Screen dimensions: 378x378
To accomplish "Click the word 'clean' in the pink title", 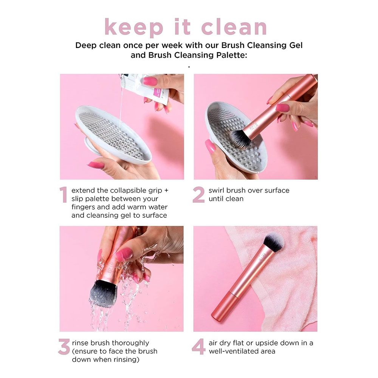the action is [234, 27].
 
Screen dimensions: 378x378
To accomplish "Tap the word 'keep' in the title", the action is [133, 28].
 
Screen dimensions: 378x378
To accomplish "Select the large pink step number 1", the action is [64, 195].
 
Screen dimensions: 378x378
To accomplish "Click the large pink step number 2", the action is [199, 195].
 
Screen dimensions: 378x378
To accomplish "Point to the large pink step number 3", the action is [64, 347].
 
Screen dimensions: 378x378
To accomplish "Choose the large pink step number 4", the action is [199, 347].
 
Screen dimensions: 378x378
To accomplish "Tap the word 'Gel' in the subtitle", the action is [295, 45].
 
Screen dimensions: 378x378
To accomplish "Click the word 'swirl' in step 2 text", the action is [217, 190].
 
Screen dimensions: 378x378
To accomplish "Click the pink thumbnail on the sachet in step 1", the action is [150, 81].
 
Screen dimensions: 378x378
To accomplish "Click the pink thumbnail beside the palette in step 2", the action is [210, 146].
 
